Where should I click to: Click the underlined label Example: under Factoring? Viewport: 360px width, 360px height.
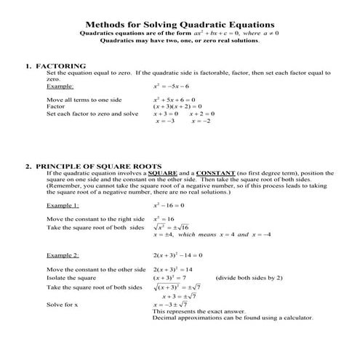click(x=61, y=86)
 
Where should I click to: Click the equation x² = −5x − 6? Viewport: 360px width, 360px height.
click(x=171, y=86)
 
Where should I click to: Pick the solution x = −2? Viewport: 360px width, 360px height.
click(x=199, y=121)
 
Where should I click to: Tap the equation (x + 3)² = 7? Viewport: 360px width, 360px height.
click(x=169, y=278)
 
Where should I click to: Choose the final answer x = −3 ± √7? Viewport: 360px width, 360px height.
click(x=175, y=305)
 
